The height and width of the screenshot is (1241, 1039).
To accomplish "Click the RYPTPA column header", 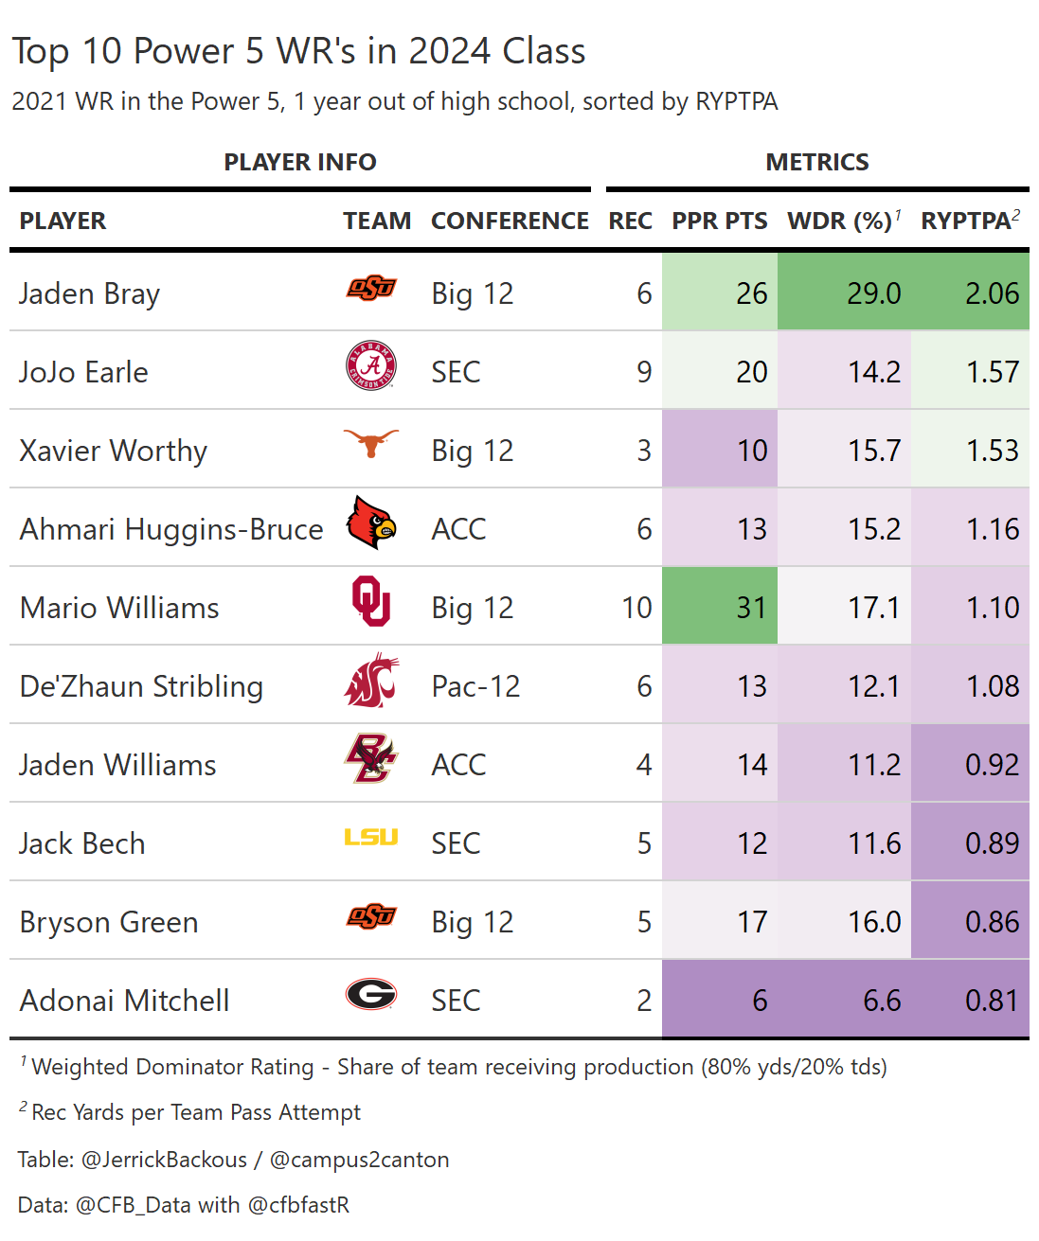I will click(x=966, y=221).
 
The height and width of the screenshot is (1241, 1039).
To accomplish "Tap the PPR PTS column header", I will click(x=720, y=221).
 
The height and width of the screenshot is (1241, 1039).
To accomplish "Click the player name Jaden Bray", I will click(x=90, y=293).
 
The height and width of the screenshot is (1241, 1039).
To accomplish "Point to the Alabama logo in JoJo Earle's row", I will click(x=371, y=367).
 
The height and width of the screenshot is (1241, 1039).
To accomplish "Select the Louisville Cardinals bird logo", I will click(x=371, y=523).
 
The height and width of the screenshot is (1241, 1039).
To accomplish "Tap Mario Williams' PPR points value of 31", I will click(x=751, y=607).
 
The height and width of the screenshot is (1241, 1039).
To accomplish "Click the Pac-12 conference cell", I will click(x=475, y=685).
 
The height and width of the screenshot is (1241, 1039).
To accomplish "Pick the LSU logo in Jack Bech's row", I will click(x=371, y=837).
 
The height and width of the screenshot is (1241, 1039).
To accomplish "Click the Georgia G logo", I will click(x=371, y=994).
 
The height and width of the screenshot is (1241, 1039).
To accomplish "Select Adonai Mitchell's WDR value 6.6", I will click(x=882, y=1001).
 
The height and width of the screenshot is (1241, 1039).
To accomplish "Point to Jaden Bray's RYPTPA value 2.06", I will click(x=992, y=293).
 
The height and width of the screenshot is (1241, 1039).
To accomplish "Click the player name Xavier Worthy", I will click(x=114, y=451).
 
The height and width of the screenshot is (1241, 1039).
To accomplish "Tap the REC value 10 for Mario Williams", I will click(x=637, y=607).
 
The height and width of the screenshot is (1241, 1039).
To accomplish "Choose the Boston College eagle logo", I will click(x=371, y=759).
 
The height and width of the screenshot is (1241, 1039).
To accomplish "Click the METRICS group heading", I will click(x=817, y=162).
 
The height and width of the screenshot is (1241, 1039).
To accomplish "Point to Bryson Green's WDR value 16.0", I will click(x=874, y=922).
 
